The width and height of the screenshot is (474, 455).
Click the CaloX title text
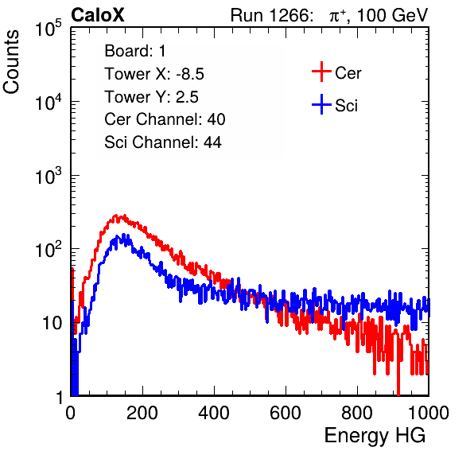98,15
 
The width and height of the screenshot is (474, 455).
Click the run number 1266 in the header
289,15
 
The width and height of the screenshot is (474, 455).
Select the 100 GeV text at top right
393,15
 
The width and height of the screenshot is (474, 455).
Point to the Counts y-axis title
11,62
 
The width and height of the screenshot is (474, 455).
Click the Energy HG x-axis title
375,436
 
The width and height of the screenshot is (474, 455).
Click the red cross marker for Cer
321,72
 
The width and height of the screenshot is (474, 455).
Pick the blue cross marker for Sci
321,105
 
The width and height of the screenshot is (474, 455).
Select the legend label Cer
348,73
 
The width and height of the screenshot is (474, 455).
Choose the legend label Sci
347,106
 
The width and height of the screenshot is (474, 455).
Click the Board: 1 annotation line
135,51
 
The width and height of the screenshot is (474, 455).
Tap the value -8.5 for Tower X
190,74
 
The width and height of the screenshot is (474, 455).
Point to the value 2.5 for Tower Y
187,97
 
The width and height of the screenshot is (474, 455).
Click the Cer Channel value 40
216,119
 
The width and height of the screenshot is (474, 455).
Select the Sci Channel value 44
212,142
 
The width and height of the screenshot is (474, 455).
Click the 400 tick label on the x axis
214,413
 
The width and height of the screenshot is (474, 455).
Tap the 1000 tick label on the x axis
429,413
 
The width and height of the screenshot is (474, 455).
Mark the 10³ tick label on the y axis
49,176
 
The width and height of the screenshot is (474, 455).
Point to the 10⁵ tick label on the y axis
49,29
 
